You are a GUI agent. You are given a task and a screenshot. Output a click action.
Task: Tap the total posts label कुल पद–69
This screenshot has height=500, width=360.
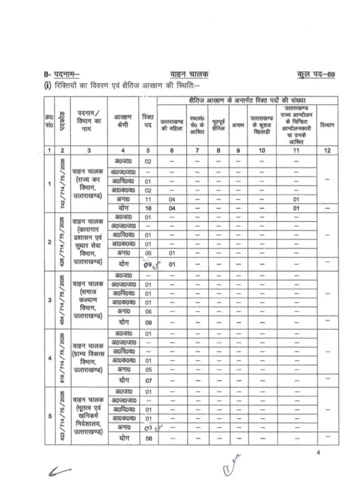click(316, 74)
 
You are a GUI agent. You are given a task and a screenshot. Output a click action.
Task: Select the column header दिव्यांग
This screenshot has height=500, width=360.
click(327, 125)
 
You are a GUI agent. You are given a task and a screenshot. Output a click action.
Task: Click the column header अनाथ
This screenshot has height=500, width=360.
click(238, 125)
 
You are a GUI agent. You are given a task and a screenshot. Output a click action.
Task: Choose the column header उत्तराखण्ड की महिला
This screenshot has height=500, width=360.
click(171, 125)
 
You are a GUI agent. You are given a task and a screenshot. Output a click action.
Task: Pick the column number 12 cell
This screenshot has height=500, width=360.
click(327, 151)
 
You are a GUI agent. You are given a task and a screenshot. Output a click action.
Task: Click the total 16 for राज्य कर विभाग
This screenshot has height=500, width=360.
click(148, 208)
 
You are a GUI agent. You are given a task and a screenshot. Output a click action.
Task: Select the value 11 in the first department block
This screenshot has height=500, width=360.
click(148, 199)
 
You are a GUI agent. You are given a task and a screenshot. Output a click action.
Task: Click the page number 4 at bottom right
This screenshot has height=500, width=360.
click(318, 453)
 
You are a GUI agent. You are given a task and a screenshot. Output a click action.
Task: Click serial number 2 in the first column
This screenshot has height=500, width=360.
click(50, 241)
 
